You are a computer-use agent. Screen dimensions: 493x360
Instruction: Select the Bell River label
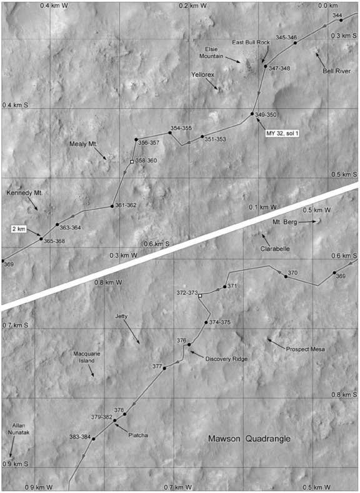(x=336, y=71)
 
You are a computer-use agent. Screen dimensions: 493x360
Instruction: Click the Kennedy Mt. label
(x=23, y=192)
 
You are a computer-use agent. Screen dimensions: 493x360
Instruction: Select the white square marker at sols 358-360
(x=131, y=162)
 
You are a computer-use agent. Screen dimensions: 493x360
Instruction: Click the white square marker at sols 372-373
(x=200, y=296)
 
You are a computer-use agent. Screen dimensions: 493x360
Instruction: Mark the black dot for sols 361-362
(x=112, y=206)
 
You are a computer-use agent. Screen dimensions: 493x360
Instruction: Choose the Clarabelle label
(x=276, y=248)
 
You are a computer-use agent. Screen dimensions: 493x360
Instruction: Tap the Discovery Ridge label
(x=226, y=359)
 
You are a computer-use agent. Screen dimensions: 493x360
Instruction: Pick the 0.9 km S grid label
(x=16, y=464)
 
